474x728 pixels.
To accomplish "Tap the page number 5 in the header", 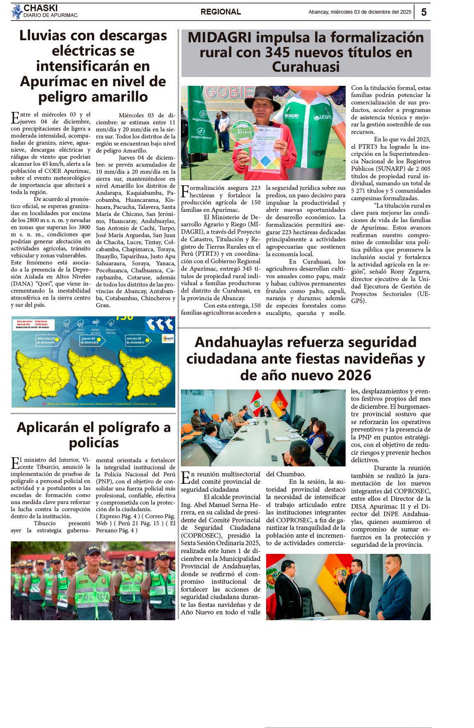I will pos(423,12).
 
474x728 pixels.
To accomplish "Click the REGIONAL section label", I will pos(221,12).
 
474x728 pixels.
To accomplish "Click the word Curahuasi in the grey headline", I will pos(306,67).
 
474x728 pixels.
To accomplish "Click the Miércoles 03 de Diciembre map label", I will pos(47,340).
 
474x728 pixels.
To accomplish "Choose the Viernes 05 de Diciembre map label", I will pos(136,340).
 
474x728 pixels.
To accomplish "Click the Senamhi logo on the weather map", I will pos(168,339).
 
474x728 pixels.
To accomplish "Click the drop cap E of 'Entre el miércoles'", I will pos(15,118).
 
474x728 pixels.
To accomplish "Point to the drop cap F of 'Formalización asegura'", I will pos(185,192).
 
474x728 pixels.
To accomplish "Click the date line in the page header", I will pos(360,12).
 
